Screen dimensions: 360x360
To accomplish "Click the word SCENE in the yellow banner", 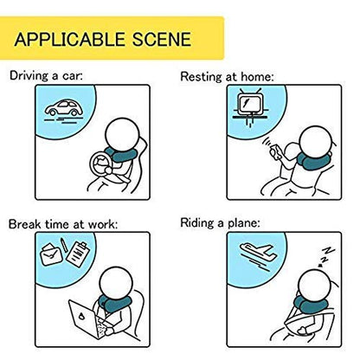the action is click(162, 39).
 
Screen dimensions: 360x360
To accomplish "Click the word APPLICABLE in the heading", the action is click(69, 39).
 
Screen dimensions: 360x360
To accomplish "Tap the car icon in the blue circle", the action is click(64, 108).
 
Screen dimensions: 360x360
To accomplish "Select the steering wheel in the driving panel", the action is click(101, 164).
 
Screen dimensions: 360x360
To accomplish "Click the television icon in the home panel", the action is click(250, 102).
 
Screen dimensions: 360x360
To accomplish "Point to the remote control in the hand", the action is click(276, 152).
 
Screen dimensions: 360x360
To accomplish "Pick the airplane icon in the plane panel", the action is click(258, 250).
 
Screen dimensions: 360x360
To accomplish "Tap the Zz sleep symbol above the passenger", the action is click(326, 256).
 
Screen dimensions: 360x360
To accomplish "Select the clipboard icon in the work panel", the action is click(78, 254).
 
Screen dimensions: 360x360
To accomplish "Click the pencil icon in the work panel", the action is click(64, 244).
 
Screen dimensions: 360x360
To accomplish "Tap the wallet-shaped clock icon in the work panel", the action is click(52, 254).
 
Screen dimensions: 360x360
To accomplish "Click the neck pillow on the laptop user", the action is click(114, 304).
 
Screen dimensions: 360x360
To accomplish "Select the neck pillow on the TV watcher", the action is click(313, 162).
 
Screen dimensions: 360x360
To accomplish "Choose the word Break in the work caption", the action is click(25, 224).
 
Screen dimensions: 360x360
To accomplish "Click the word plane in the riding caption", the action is click(244, 224).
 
